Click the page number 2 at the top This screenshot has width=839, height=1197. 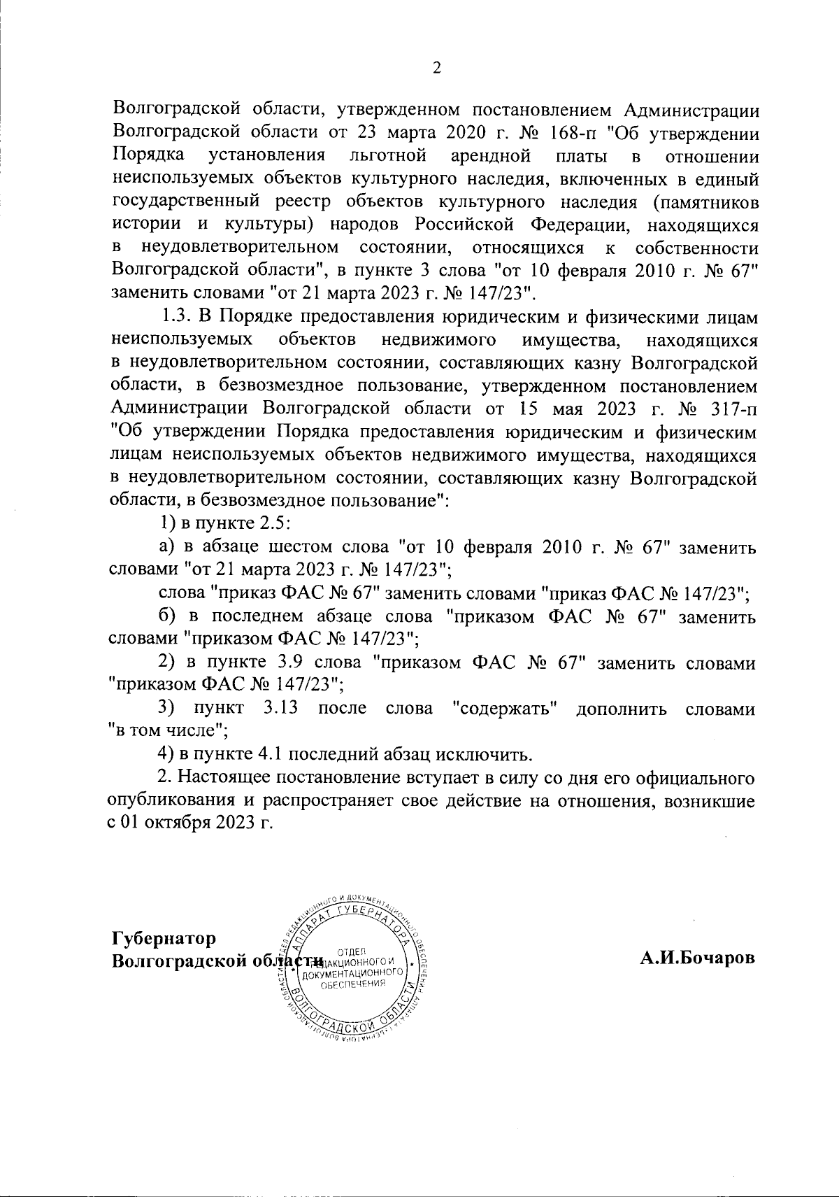(438, 68)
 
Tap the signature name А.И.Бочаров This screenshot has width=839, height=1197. (698, 958)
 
